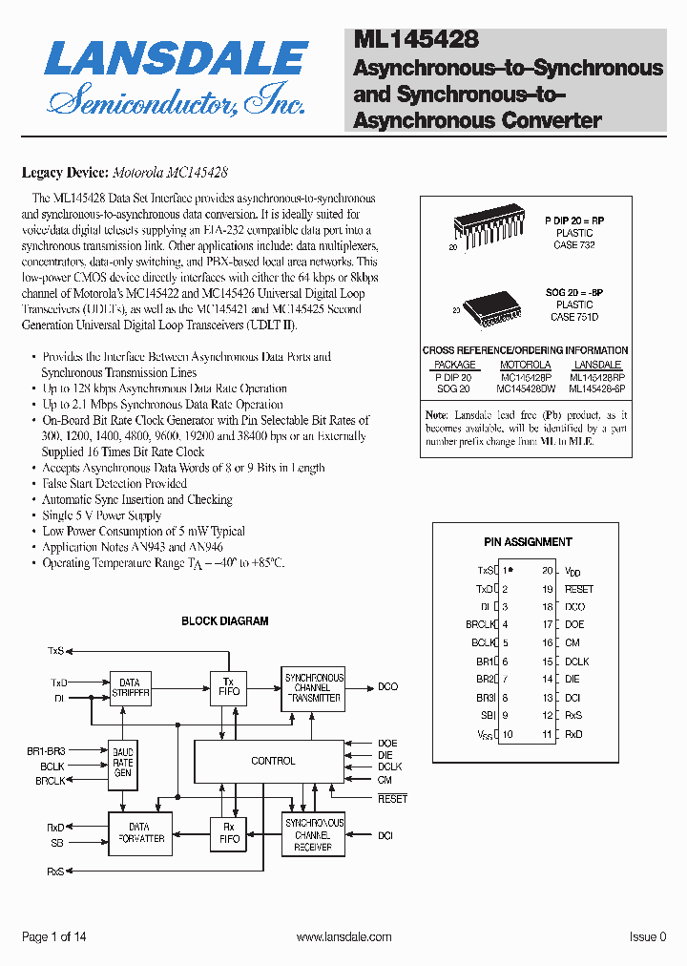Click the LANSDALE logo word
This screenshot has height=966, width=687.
click(176, 59)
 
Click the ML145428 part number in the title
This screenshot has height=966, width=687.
click(415, 39)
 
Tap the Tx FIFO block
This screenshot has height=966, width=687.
click(229, 685)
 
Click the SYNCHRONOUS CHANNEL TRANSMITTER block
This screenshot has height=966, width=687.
click(313, 687)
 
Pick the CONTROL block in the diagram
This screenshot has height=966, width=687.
click(273, 761)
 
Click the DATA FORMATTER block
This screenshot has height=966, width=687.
click(139, 832)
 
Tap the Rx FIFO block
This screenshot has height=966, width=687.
click(229, 832)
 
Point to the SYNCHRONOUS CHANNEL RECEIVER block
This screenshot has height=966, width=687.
click(313, 833)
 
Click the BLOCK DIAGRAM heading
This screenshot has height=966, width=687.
click(225, 620)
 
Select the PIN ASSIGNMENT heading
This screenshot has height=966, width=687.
click(529, 541)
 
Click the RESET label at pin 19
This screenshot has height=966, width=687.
click(579, 589)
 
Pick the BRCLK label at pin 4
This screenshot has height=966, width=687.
click(479, 625)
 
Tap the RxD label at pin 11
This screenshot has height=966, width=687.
click(573, 734)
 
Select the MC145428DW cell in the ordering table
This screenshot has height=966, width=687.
click(525, 388)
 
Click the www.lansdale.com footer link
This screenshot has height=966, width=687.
click(343, 937)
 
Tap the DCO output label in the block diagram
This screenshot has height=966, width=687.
click(387, 686)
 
